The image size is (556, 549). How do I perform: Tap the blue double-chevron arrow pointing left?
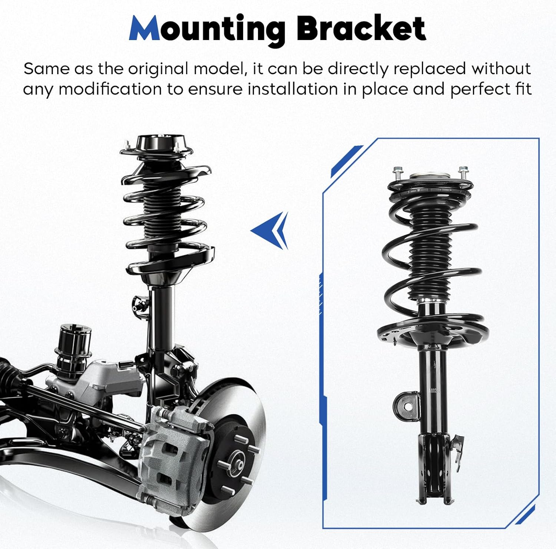pyautogui.click(x=271, y=230)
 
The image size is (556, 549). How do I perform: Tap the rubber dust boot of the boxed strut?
pyautogui.click(x=430, y=252)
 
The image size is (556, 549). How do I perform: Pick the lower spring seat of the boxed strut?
pyautogui.click(x=430, y=330)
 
